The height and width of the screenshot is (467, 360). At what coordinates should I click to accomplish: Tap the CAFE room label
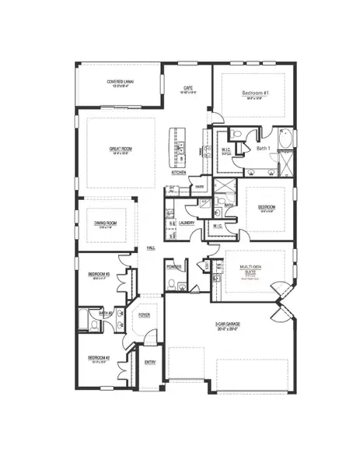coord(187,88)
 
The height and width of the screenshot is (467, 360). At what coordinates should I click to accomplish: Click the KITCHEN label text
coord(179,173)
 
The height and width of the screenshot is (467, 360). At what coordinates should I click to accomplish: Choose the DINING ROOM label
coord(107,223)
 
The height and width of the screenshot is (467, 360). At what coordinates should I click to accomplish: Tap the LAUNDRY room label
coord(186,223)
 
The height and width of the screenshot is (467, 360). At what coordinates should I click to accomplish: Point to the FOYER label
coord(144,315)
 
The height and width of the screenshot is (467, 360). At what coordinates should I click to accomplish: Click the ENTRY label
coord(150,362)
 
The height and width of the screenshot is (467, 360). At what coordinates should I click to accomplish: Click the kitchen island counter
coord(179,144)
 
